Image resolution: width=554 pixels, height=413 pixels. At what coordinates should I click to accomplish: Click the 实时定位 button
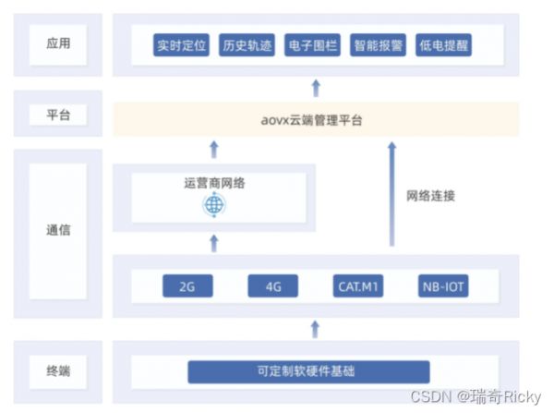(x=182, y=44)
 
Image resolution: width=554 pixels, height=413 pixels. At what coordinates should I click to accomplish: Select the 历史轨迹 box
(x=247, y=44)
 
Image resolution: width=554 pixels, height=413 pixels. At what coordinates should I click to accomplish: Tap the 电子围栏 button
(x=313, y=44)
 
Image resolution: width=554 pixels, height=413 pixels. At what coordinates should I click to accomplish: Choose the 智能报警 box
(x=379, y=44)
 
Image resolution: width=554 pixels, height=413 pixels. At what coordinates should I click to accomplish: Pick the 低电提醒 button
(x=444, y=44)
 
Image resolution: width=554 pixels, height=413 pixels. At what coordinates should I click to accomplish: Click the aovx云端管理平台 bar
(x=314, y=119)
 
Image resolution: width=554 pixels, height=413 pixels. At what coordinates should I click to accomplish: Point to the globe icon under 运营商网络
(x=213, y=204)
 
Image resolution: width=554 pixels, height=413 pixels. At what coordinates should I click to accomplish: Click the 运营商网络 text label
(x=214, y=182)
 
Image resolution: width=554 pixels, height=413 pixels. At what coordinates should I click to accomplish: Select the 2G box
(x=187, y=286)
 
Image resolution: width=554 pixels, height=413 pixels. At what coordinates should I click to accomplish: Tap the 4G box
(x=272, y=286)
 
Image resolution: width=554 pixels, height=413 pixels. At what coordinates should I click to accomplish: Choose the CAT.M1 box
(x=359, y=286)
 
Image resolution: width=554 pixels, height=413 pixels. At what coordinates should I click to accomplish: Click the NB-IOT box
(x=443, y=286)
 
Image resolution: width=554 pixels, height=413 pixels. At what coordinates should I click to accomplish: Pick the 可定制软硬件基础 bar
(x=308, y=371)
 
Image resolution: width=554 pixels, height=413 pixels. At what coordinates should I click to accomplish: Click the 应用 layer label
(x=57, y=43)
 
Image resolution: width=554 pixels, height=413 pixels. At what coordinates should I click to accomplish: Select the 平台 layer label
(x=57, y=115)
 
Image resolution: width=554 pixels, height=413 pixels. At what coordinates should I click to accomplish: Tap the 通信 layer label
(x=57, y=230)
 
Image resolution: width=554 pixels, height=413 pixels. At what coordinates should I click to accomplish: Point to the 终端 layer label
(x=57, y=371)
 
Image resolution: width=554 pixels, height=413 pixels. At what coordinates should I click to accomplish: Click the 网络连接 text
(x=430, y=196)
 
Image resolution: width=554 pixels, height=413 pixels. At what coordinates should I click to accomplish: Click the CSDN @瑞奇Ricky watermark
(x=476, y=396)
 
